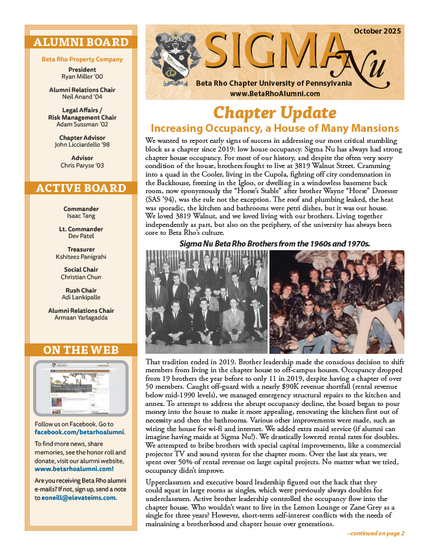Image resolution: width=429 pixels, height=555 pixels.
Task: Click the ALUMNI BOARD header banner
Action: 81,42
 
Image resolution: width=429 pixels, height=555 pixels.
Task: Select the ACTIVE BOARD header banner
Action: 81,188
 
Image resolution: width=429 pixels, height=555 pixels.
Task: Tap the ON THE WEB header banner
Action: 81,350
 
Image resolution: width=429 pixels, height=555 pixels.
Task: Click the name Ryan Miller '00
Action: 82,77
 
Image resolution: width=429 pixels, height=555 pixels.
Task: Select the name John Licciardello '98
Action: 82,145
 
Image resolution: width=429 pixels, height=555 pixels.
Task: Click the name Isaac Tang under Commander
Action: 82,216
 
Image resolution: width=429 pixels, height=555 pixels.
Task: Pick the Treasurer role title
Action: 82,250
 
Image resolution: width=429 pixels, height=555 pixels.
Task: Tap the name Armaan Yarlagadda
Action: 82,318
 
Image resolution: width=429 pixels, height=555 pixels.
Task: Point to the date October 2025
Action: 377,31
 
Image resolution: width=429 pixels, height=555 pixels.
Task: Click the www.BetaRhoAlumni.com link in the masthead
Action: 275,93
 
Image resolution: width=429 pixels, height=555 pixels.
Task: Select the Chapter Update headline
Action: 274,113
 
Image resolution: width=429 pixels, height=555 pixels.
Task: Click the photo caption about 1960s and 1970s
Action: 274,243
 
